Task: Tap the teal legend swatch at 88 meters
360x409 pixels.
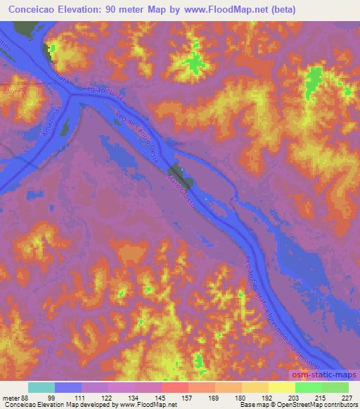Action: pyautogui.click(x=41, y=387)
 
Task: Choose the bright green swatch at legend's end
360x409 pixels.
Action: pyautogui.click(x=335, y=387)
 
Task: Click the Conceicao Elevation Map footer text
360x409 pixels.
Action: pyautogui.click(x=35, y=405)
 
